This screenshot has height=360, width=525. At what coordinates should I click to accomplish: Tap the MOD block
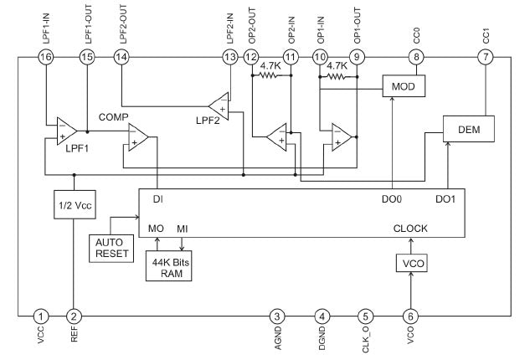(x=404, y=85)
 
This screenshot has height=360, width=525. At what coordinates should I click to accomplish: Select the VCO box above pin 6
(x=411, y=264)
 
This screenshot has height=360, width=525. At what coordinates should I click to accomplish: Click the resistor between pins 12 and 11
(x=270, y=75)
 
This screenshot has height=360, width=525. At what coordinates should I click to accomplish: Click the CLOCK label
(x=410, y=227)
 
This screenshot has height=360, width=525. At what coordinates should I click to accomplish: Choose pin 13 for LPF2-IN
(x=230, y=56)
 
